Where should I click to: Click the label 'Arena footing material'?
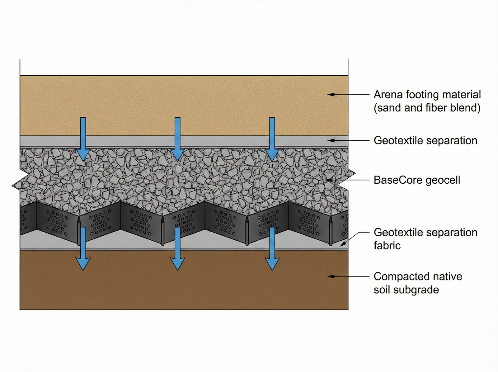427,94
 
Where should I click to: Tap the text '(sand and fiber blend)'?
427,108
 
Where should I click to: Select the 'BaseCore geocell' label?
417,180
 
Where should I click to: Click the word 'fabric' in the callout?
387,246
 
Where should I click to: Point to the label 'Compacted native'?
418,276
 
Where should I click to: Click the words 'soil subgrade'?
406,290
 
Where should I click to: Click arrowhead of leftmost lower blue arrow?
83,264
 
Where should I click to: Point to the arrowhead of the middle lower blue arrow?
177,264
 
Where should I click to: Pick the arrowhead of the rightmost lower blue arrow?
272,264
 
